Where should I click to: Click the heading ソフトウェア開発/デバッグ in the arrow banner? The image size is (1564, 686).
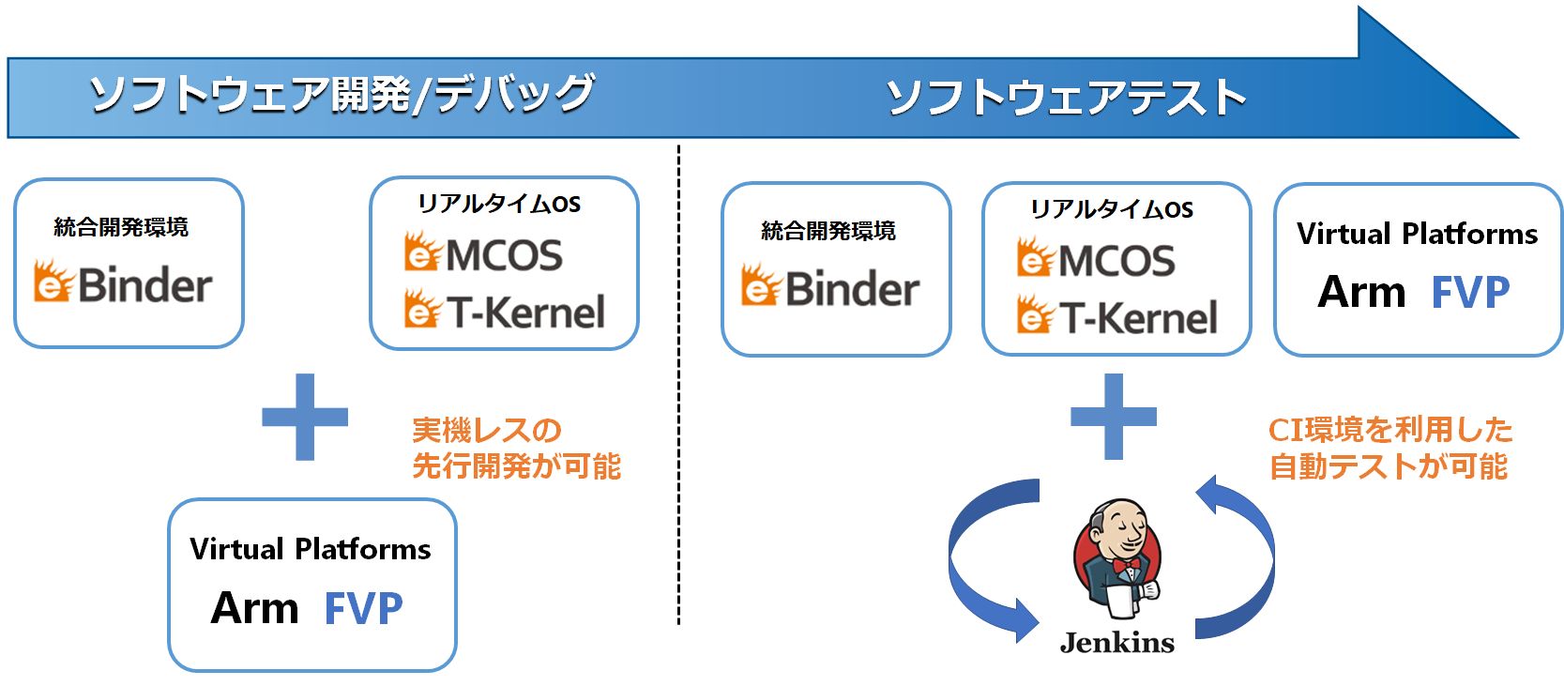click(x=342, y=94)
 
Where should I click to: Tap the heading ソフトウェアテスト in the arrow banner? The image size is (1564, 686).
click(x=1066, y=97)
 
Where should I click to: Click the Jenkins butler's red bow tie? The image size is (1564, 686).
click(x=1126, y=564)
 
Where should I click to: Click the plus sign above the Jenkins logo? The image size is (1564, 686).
click(x=1114, y=417)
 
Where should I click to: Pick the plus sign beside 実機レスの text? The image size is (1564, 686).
click(x=305, y=417)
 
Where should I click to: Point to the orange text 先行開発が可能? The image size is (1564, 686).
click(x=516, y=466)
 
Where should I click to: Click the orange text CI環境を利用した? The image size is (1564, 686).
click(x=1390, y=431)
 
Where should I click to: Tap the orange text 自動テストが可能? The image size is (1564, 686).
click(x=1389, y=466)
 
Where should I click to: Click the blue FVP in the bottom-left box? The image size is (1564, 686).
click(x=364, y=608)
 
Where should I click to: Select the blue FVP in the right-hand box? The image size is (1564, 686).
click(x=1470, y=292)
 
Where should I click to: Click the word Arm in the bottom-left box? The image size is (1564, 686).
click(x=254, y=608)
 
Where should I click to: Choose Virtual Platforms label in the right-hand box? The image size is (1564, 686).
click(x=1418, y=234)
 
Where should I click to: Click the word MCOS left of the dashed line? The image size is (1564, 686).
click(x=504, y=255)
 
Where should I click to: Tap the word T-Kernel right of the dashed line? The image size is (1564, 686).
click(x=1138, y=318)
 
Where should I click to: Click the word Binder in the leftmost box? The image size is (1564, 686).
click(x=145, y=285)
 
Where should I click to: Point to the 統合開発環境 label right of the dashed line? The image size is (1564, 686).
click(x=828, y=231)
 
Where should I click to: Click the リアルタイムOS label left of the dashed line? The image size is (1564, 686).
click(x=498, y=204)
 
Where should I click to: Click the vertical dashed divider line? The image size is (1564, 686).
click(x=678, y=385)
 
